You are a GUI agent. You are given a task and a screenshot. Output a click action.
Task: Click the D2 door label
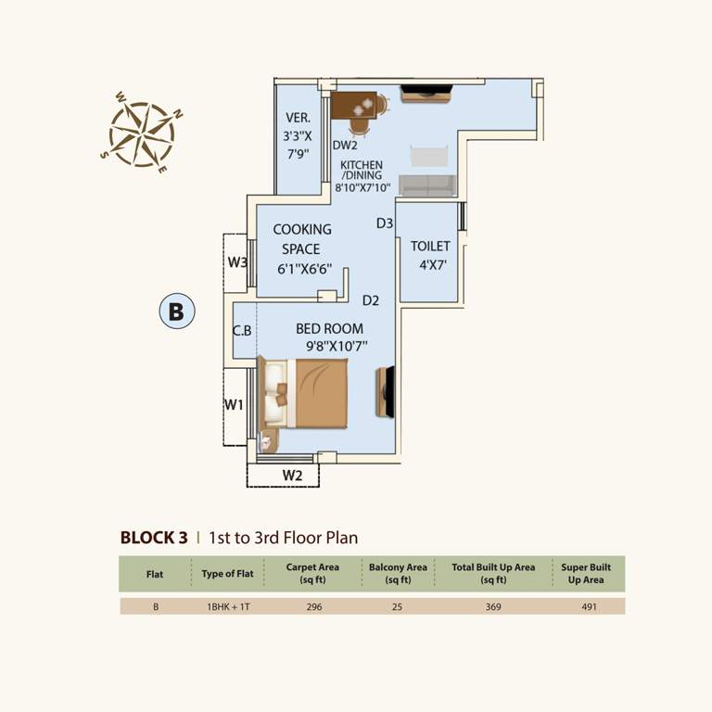[x=372, y=300]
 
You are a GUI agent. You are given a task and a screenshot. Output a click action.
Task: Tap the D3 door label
[x=386, y=222]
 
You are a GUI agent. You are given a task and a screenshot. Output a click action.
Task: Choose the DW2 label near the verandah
[x=345, y=146]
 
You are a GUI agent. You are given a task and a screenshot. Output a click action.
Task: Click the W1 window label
[x=235, y=404]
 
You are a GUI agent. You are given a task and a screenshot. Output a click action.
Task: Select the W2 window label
[x=293, y=476]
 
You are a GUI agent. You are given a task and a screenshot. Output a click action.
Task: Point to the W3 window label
[x=237, y=262]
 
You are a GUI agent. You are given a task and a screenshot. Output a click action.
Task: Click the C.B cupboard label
[x=243, y=330]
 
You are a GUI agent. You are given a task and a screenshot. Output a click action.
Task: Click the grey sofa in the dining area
[x=426, y=184]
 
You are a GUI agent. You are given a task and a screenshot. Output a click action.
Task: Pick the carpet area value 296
[x=313, y=607]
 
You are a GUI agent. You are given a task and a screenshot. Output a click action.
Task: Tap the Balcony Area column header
[x=398, y=573]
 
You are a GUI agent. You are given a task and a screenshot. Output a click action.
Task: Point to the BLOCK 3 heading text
[x=154, y=537]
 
